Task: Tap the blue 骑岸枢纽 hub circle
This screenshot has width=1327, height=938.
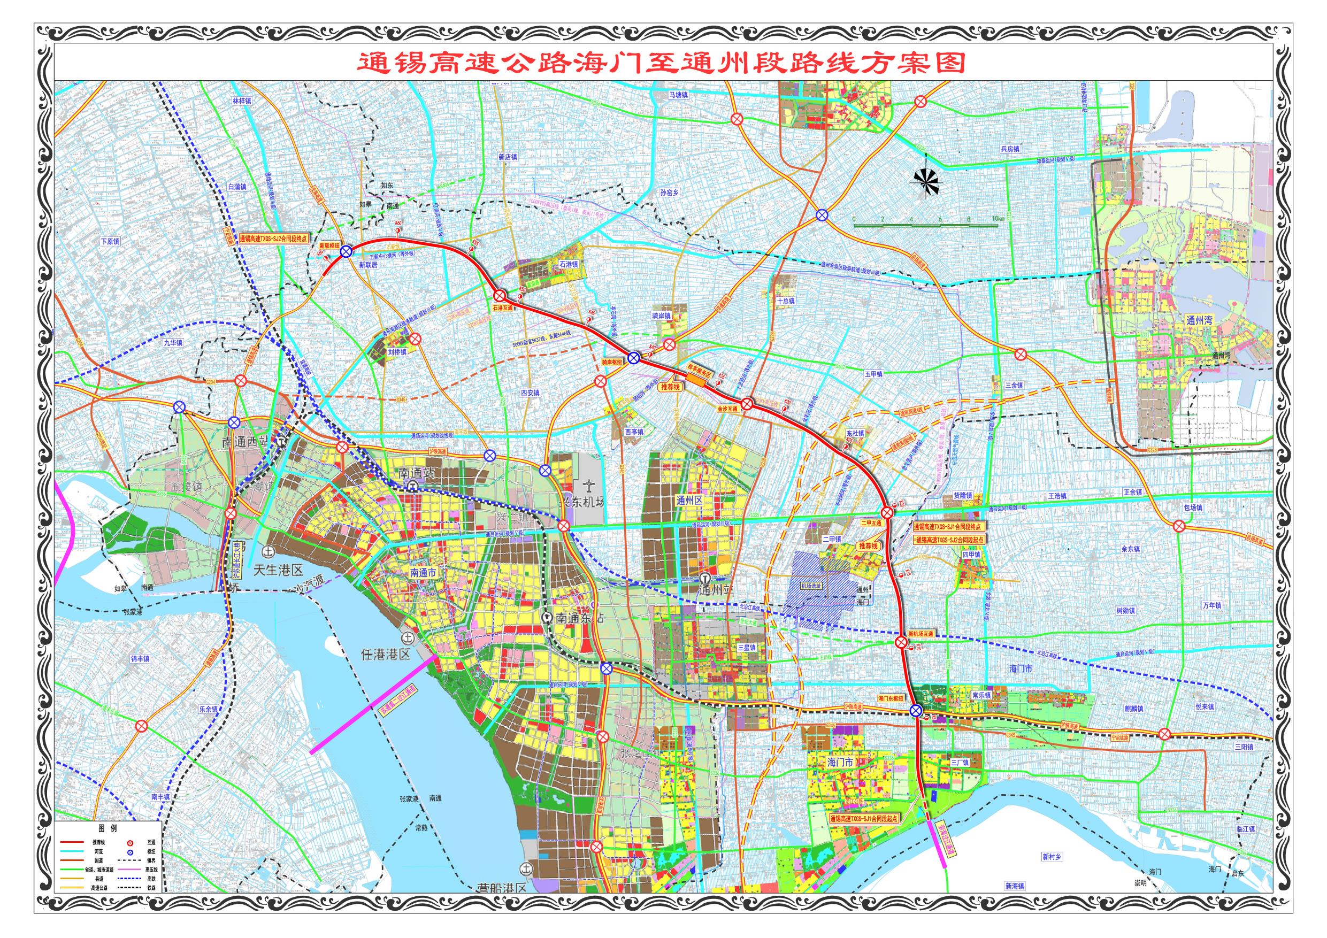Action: click(x=633, y=358)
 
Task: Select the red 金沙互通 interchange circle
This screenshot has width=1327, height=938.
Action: click(x=747, y=404)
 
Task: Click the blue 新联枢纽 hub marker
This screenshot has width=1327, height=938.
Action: click(x=346, y=251)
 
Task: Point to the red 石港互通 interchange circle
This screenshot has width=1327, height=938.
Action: click(x=500, y=295)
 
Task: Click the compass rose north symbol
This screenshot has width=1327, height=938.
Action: click(x=926, y=181)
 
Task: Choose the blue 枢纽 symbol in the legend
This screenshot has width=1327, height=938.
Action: click(x=131, y=852)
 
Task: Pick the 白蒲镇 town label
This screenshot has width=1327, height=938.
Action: click(x=237, y=187)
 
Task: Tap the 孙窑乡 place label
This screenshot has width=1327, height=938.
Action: click(x=669, y=193)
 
